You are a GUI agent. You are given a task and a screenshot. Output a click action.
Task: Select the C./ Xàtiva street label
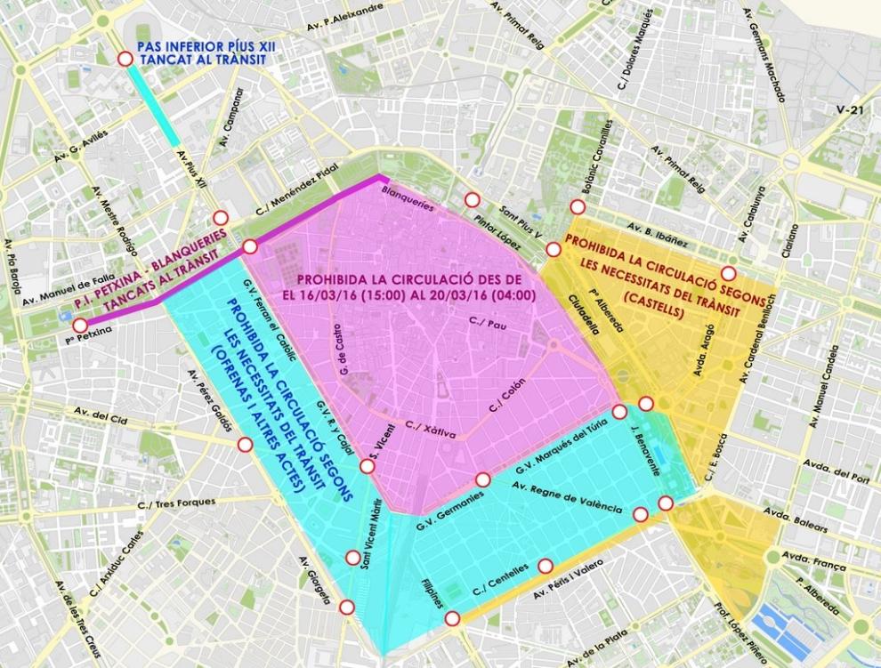(x=430, y=430)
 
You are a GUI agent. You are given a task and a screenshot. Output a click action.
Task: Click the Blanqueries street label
(x=408, y=197)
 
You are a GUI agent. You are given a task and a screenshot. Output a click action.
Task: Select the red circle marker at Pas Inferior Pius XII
(x=125, y=59)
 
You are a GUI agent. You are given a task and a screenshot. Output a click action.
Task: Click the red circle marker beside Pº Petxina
(x=80, y=326)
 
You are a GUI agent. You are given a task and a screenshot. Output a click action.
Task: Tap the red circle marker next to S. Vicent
(x=367, y=466)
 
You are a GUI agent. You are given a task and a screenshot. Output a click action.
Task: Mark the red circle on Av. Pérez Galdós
(x=245, y=444)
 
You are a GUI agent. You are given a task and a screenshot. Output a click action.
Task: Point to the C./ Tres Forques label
(x=176, y=503)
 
